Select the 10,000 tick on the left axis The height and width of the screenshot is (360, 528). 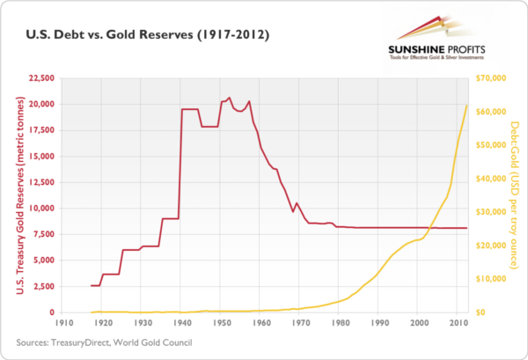[42, 209]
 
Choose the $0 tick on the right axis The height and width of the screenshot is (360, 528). [480, 312]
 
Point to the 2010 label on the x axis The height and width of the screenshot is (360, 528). [458, 325]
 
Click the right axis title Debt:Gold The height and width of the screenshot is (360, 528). [513, 195]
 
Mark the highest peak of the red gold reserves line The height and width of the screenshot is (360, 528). [230, 98]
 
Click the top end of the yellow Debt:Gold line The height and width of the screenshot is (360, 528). [466, 106]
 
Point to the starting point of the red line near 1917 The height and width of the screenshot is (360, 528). [92, 285]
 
